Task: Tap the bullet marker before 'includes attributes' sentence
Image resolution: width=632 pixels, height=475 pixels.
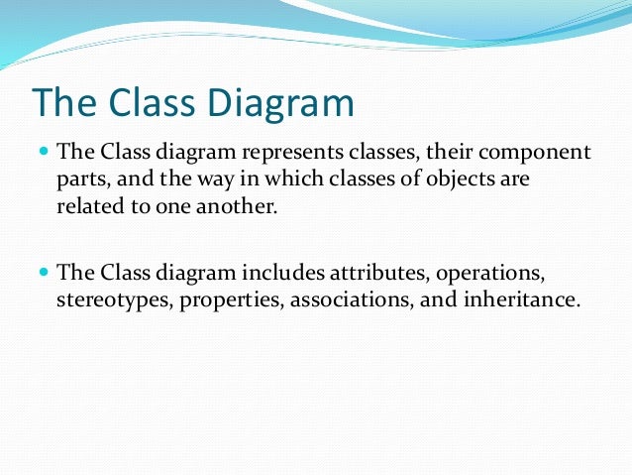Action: click(x=44, y=271)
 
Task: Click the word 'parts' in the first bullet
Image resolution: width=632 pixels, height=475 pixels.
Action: click(x=80, y=180)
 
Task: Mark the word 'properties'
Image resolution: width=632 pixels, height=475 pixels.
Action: click(x=232, y=299)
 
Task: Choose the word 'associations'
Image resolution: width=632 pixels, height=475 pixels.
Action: click(x=349, y=299)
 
